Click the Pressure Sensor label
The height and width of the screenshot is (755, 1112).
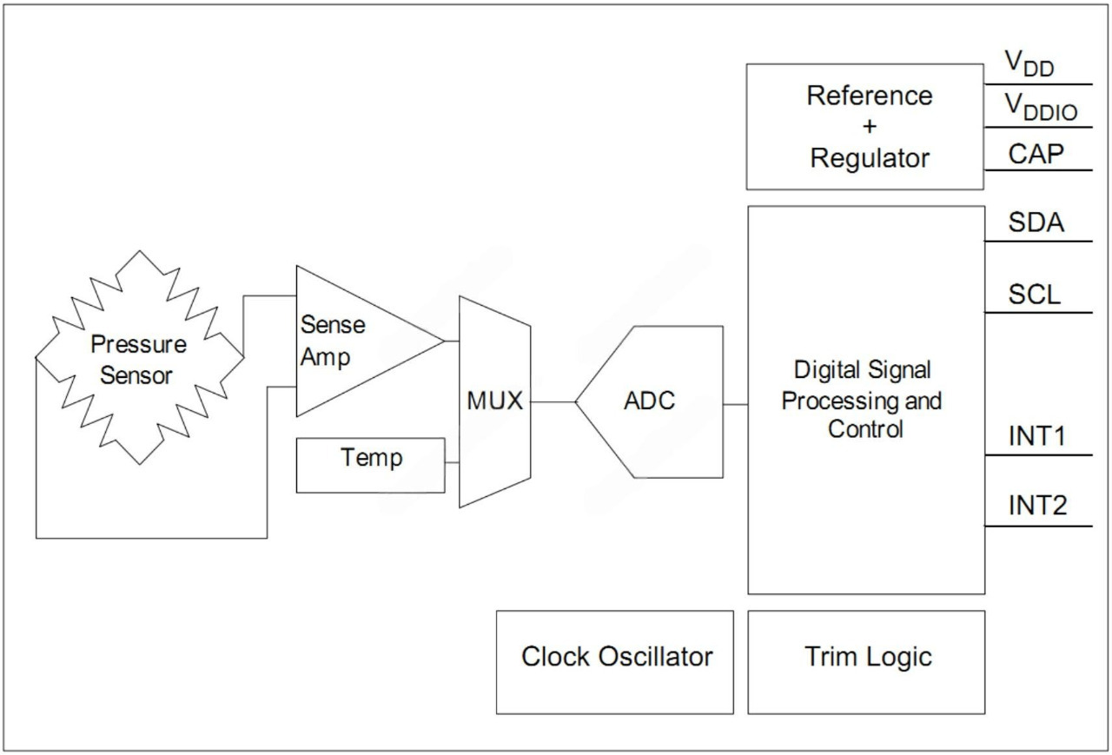coord(139,360)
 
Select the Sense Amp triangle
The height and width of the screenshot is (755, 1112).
coord(356,341)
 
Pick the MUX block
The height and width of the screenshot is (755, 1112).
coord(495,401)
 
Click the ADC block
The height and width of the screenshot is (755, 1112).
coord(650,402)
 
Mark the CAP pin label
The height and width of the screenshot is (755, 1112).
coord(1036,154)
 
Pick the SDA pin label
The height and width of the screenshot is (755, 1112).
coord(1036,223)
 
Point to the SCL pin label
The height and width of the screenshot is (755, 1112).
coord(1034,295)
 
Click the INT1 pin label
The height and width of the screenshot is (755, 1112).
coord(1037,437)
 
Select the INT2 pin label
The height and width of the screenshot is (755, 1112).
coord(1037,506)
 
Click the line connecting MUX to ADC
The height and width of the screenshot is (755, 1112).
coord(553,402)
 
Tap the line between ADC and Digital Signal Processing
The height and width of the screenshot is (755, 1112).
coord(735,404)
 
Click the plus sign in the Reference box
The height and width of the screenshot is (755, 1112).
coord(870,127)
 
